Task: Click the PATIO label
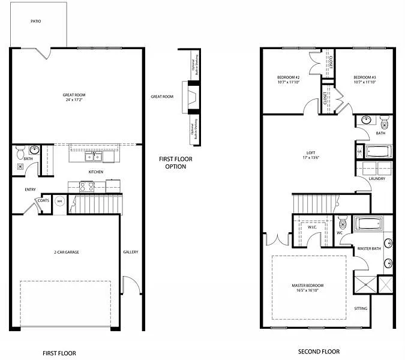click(36, 21)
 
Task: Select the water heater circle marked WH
click(60, 202)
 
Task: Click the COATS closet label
click(43, 201)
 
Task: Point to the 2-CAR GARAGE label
click(65, 252)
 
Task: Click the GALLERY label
click(131, 252)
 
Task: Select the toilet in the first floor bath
click(20, 153)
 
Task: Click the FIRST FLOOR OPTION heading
click(172, 163)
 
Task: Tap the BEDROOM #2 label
click(288, 80)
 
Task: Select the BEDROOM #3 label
click(364, 80)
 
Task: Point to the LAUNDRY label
click(377, 179)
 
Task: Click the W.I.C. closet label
click(313, 227)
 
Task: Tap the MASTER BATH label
click(370, 248)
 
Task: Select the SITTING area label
click(361, 308)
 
